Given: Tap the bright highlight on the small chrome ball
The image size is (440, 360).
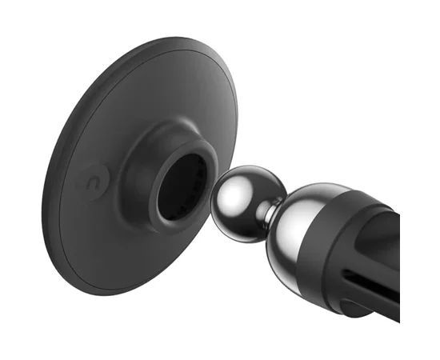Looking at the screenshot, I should point(238,189).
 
